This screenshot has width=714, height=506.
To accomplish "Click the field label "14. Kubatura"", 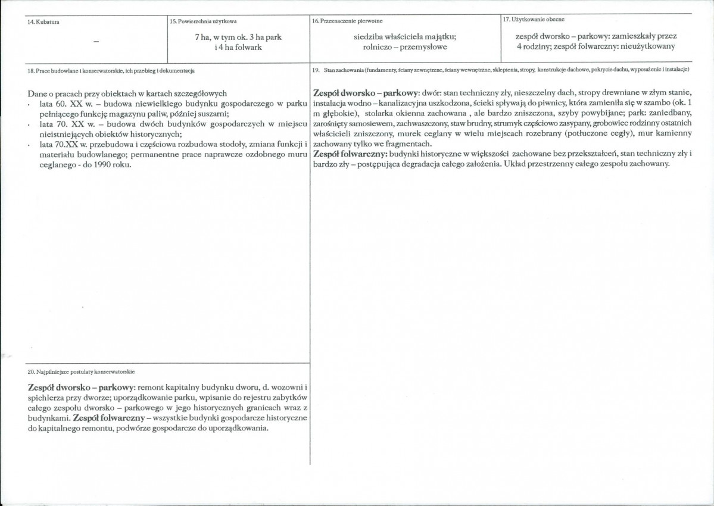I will coord(46,21).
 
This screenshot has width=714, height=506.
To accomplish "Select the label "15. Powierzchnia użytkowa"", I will coord(203,21).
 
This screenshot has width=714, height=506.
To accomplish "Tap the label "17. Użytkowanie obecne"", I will coord(534,20).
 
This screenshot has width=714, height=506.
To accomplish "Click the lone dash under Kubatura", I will coord(96,41).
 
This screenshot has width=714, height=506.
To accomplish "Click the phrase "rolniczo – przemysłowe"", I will coord(405,46).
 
